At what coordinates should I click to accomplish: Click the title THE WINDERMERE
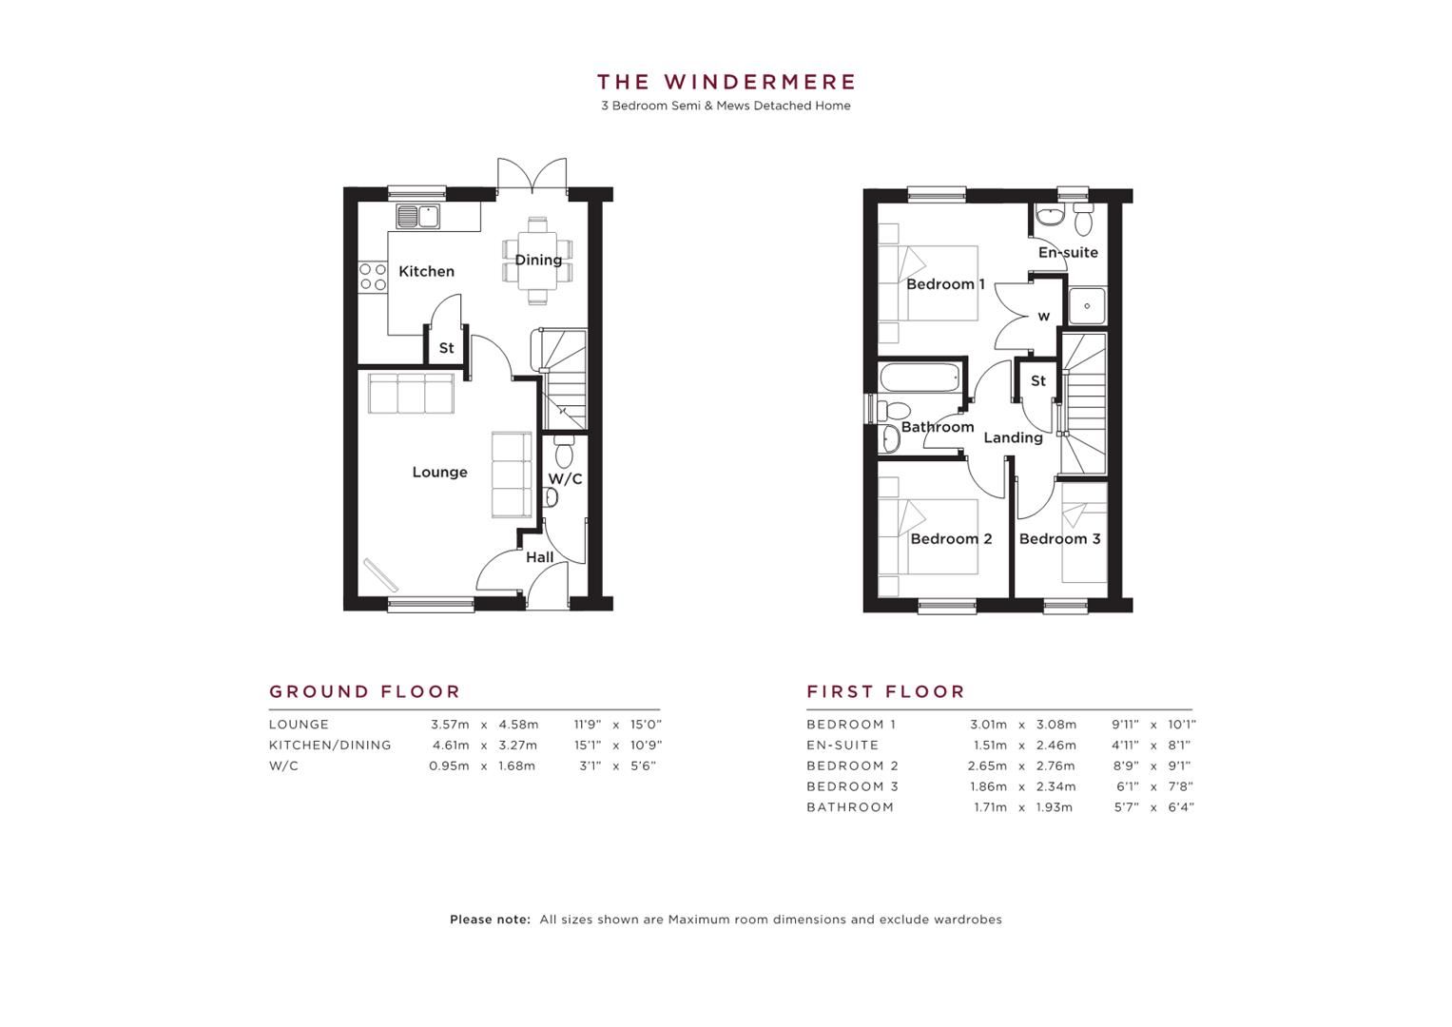pyautogui.click(x=726, y=82)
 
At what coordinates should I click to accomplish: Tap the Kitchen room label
pyautogui.click(x=426, y=271)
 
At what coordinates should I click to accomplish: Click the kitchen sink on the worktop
pyautogui.click(x=418, y=216)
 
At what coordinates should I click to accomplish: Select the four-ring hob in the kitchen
pyautogui.click(x=372, y=277)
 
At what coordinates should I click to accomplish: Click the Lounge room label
pyautogui.click(x=439, y=472)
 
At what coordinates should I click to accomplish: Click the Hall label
pyautogui.click(x=539, y=557)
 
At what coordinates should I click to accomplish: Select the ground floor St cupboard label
pyautogui.click(x=446, y=348)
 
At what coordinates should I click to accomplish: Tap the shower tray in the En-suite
pyautogui.click(x=1086, y=306)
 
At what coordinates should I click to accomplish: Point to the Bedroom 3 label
pyautogui.click(x=1059, y=539)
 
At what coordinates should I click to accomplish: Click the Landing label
pyautogui.click(x=1013, y=437)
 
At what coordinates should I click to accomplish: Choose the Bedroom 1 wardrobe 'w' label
pyautogui.click(x=1043, y=317)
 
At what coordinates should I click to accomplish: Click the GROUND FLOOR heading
pyautogui.click(x=364, y=691)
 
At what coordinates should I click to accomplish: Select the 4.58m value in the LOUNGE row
pyautogui.click(x=518, y=725)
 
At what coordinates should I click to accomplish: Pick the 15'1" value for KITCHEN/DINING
pyautogui.click(x=587, y=746)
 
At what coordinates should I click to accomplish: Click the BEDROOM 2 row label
pyautogui.click(x=852, y=765)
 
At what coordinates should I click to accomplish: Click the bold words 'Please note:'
pyautogui.click(x=490, y=920)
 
